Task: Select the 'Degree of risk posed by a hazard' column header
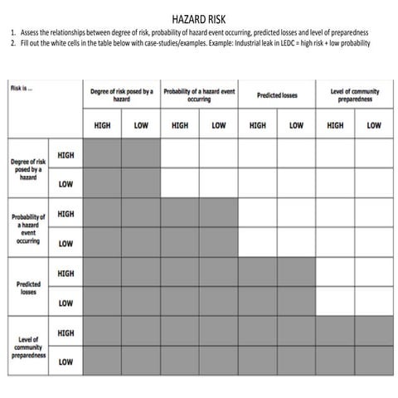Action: point(122,96)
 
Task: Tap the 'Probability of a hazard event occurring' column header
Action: point(199,96)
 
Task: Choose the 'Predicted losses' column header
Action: point(276,96)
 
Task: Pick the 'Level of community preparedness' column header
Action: point(354,96)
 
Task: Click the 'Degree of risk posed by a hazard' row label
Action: point(28,169)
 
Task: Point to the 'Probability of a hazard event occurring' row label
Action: point(28,229)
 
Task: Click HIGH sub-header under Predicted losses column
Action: point(257,126)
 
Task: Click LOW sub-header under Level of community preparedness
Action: point(374,126)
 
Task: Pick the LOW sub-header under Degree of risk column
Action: point(141,126)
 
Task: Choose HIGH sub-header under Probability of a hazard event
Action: point(180,126)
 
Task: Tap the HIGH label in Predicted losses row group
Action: point(66,274)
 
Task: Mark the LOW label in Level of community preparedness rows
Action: point(66,362)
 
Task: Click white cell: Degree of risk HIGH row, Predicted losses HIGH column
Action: point(257,154)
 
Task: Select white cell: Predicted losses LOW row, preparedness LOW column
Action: point(374,303)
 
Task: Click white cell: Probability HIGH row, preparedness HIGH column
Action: point(335,214)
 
